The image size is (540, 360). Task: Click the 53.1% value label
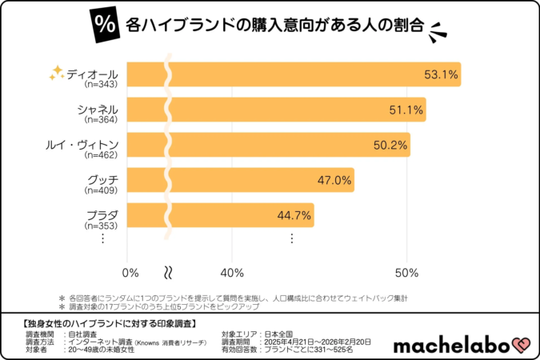coord(441,75)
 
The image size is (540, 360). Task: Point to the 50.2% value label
coord(391,146)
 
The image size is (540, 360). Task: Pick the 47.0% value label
coord(334,181)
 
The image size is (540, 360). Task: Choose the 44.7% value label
coord(294,216)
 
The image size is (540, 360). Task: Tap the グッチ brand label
coord(102,179)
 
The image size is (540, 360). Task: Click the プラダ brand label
coord(102,214)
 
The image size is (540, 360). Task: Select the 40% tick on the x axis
coord(232,272)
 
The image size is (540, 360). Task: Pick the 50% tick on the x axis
coord(406,272)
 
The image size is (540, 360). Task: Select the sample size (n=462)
coord(102,154)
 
